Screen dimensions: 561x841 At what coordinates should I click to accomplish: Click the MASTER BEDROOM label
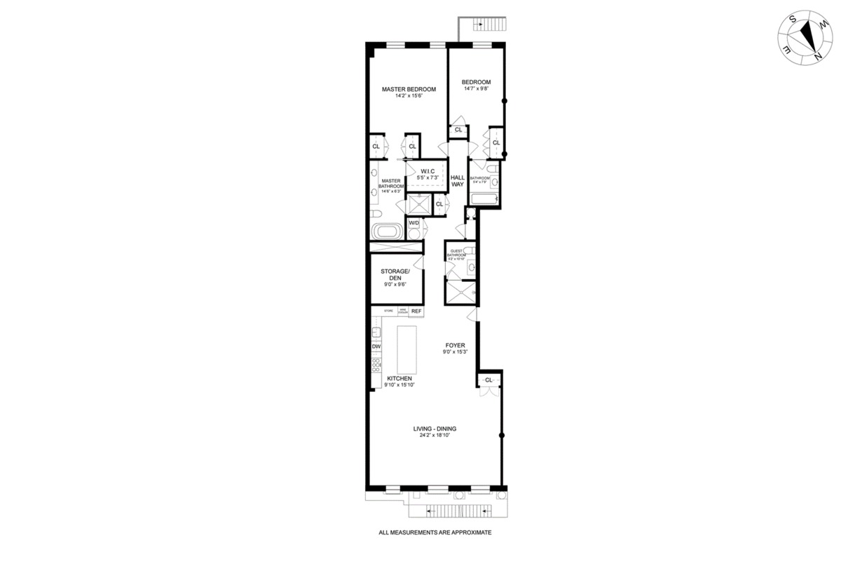click(x=409, y=89)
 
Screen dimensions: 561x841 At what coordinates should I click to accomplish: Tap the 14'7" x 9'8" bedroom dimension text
click(x=477, y=89)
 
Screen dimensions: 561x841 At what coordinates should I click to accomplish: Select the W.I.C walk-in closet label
click(x=427, y=171)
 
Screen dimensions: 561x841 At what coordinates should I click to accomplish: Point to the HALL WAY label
click(x=458, y=180)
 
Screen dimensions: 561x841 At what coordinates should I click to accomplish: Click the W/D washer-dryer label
click(x=413, y=223)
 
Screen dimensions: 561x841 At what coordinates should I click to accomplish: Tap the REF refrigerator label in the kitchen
click(x=416, y=311)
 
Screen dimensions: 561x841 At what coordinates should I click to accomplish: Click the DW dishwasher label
click(x=376, y=346)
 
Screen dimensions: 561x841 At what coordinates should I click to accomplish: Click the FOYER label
click(x=455, y=345)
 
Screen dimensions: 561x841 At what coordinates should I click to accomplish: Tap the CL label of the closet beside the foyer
click(x=488, y=380)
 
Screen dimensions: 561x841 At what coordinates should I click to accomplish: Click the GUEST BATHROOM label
click(x=457, y=252)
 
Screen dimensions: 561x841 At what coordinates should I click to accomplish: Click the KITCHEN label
click(x=399, y=378)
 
